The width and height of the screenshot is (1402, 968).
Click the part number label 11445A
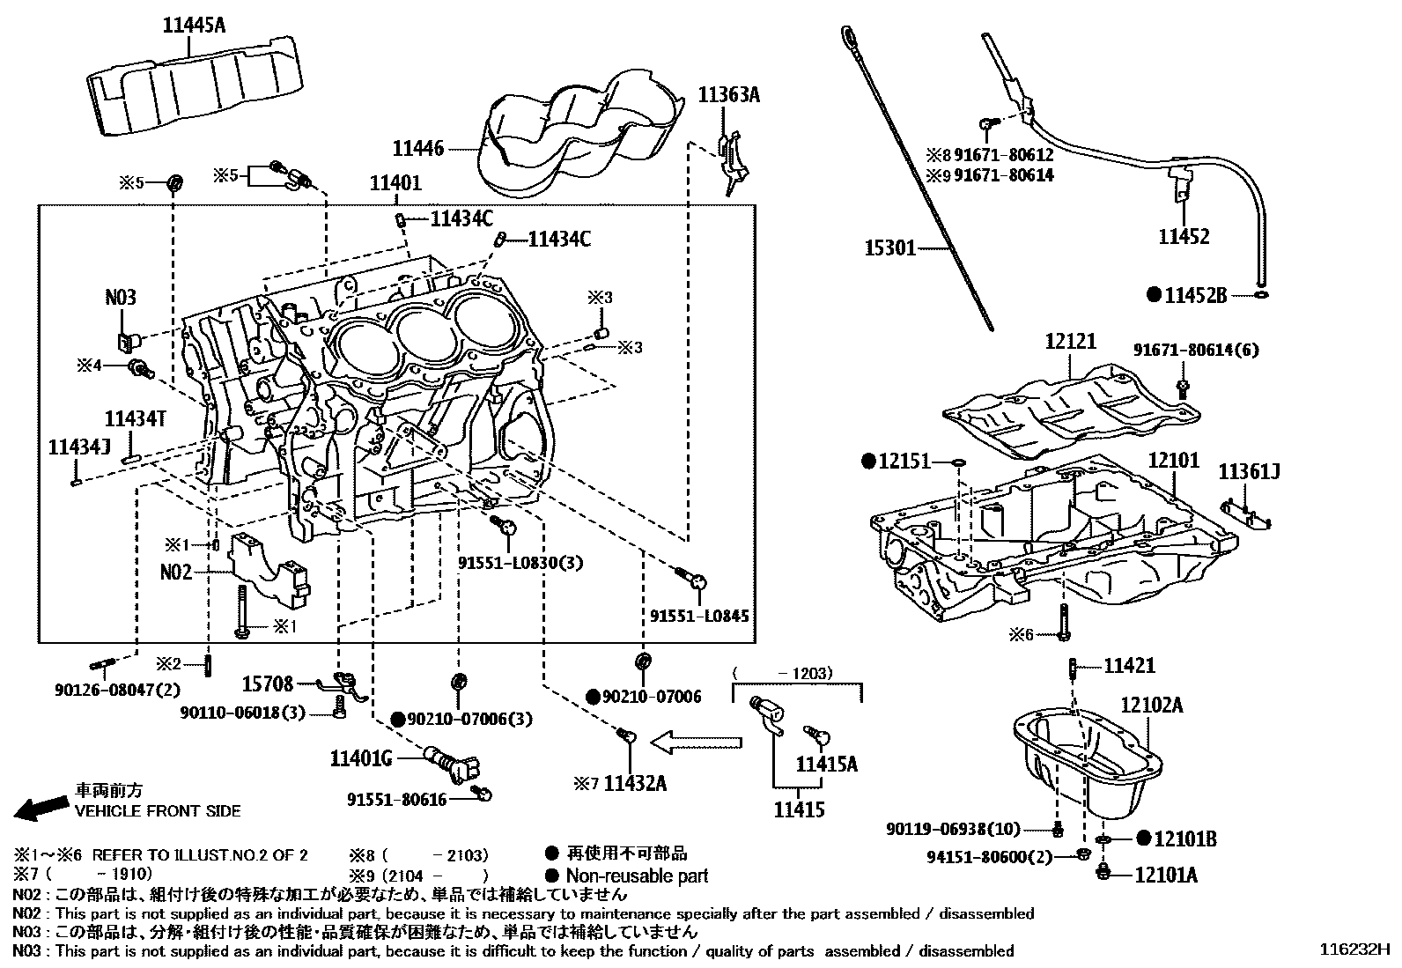coord(194,26)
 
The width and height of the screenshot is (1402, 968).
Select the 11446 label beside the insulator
coord(418,150)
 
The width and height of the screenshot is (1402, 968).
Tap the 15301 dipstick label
coord(889,249)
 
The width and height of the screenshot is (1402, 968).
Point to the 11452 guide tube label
coord(1183,236)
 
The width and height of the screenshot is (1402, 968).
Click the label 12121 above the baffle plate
coord(1071,341)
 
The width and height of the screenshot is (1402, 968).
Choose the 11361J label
coord(1248,472)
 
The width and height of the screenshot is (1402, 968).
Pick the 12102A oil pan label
coord(1152,705)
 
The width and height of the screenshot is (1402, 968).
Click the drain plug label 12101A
coord(1165,875)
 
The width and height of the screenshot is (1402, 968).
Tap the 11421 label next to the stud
coord(1129,667)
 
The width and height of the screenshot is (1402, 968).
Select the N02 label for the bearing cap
coord(176,573)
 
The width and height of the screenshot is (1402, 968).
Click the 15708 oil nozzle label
coord(269,684)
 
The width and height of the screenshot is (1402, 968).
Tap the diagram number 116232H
coord(1354,950)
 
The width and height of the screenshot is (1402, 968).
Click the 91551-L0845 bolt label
coord(699,616)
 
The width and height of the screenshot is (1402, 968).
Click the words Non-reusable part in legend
coord(636,876)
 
